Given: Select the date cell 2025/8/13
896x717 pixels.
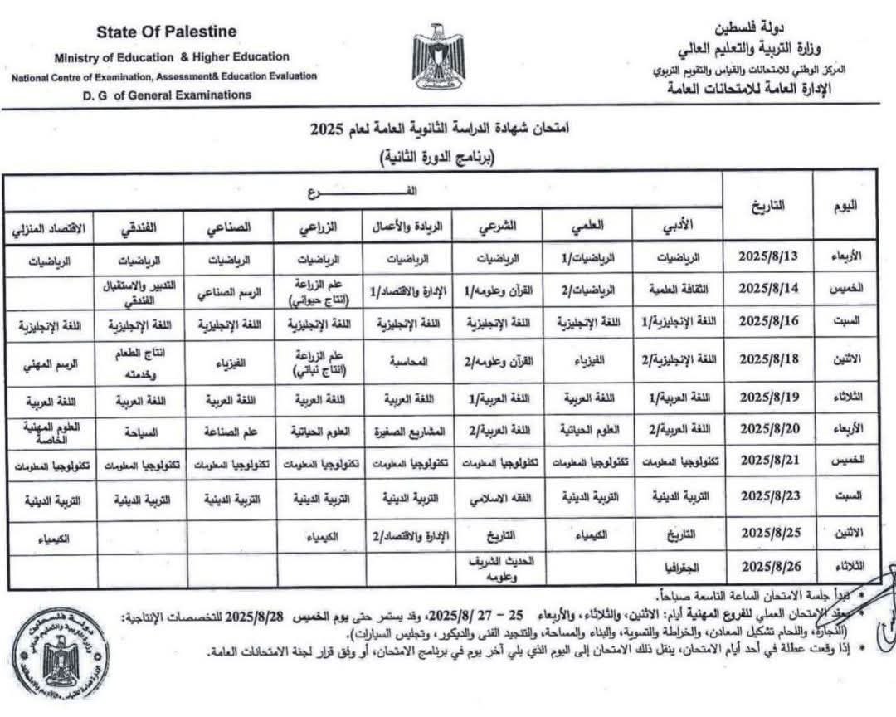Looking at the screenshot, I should click(767, 256).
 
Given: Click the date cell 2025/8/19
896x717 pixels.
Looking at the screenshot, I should click(767, 398).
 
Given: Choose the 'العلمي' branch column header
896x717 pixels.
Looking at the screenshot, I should click(587, 225).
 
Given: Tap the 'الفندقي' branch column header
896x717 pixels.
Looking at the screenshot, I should click(138, 226).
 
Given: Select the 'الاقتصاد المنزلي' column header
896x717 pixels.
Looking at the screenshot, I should click(48, 226).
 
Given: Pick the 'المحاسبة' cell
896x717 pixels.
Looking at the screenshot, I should click(408, 362).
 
